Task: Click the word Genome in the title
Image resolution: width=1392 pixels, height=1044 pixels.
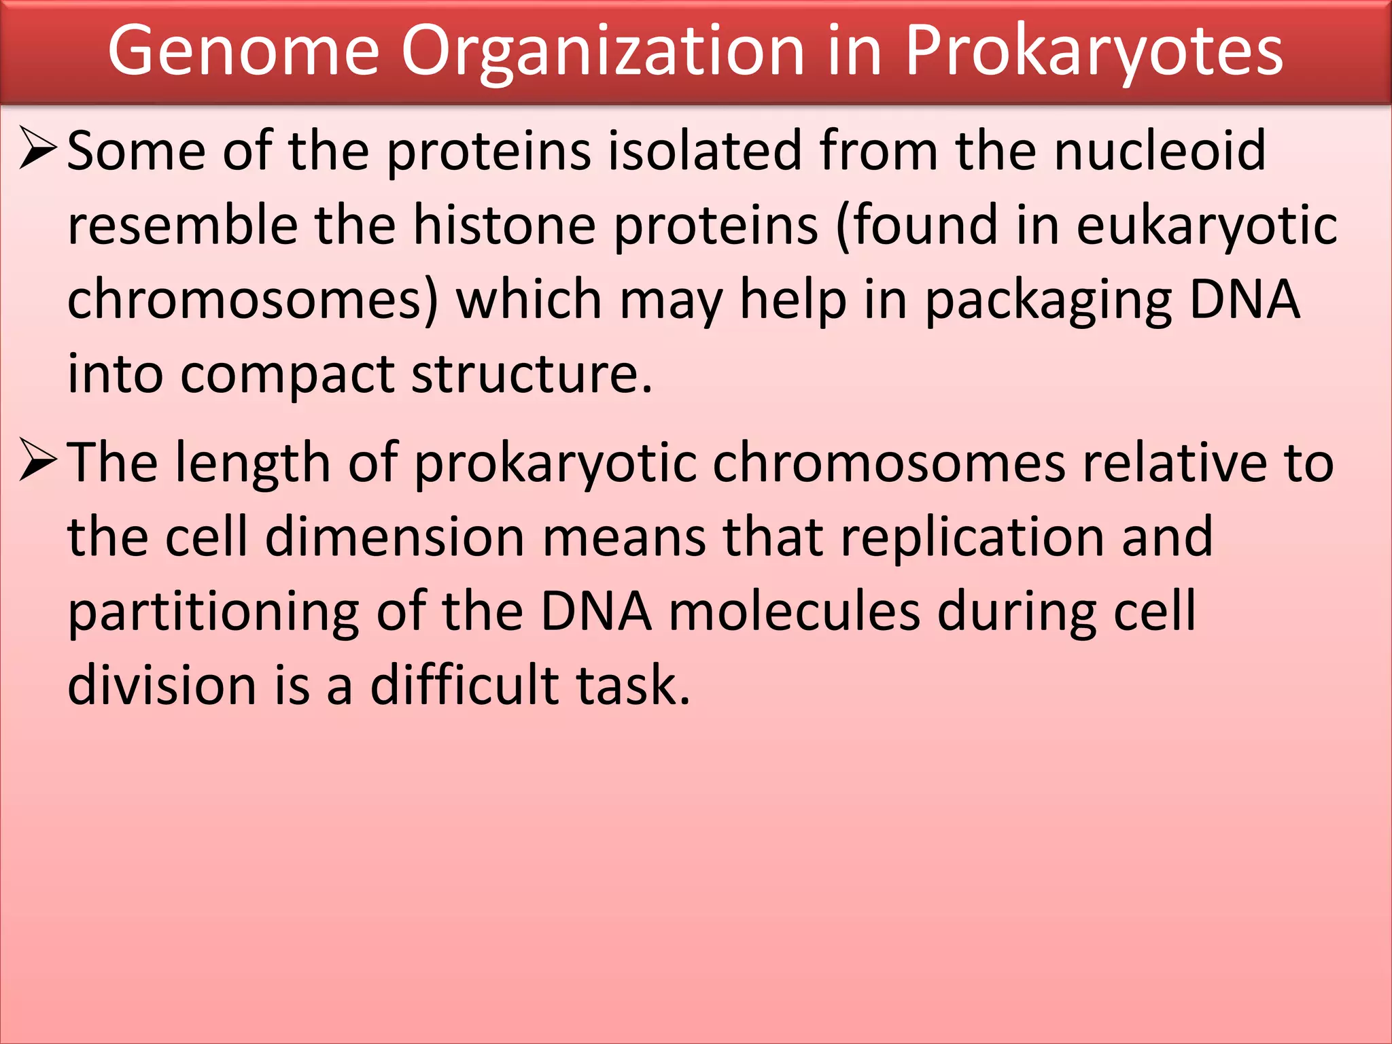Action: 243,52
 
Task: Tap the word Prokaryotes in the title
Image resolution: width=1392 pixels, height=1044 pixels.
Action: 1094,52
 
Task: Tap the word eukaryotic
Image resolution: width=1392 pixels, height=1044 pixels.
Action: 1206,226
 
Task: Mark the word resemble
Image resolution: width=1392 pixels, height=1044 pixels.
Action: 183,225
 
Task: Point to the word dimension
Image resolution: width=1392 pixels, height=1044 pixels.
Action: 395,537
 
